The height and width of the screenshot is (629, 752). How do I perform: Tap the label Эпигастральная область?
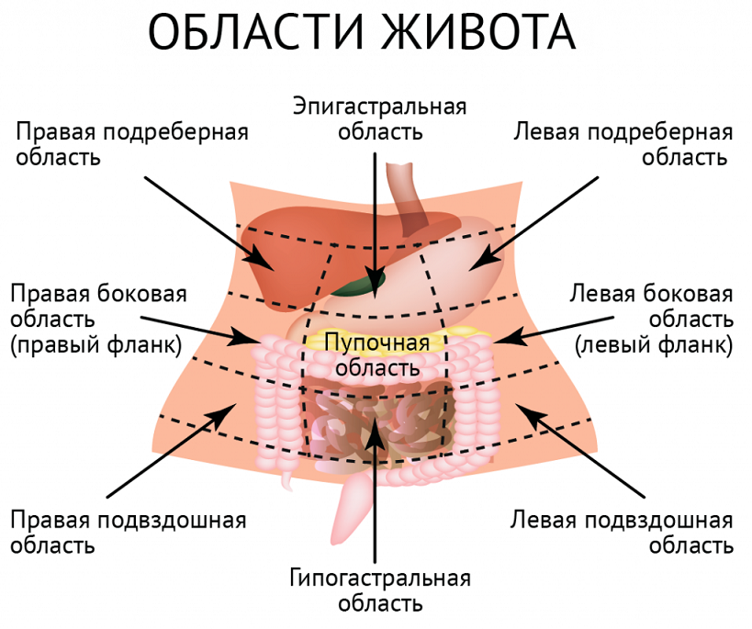(379, 118)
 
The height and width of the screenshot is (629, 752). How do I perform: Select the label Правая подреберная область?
(131, 143)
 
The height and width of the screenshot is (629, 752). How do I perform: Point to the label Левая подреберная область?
(623, 143)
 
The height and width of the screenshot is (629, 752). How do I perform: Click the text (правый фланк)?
(96, 345)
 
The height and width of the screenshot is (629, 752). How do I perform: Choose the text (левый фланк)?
(654, 345)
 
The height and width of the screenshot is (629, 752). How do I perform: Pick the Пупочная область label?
(377, 355)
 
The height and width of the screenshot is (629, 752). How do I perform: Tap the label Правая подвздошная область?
(129, 533)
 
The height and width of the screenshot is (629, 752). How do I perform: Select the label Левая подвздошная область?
(623, 533)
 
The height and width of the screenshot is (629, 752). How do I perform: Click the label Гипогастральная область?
(379, 590)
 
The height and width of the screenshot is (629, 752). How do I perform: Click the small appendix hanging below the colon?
(288, 477)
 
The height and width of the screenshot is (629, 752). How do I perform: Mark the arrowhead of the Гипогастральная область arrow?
(375, 428)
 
